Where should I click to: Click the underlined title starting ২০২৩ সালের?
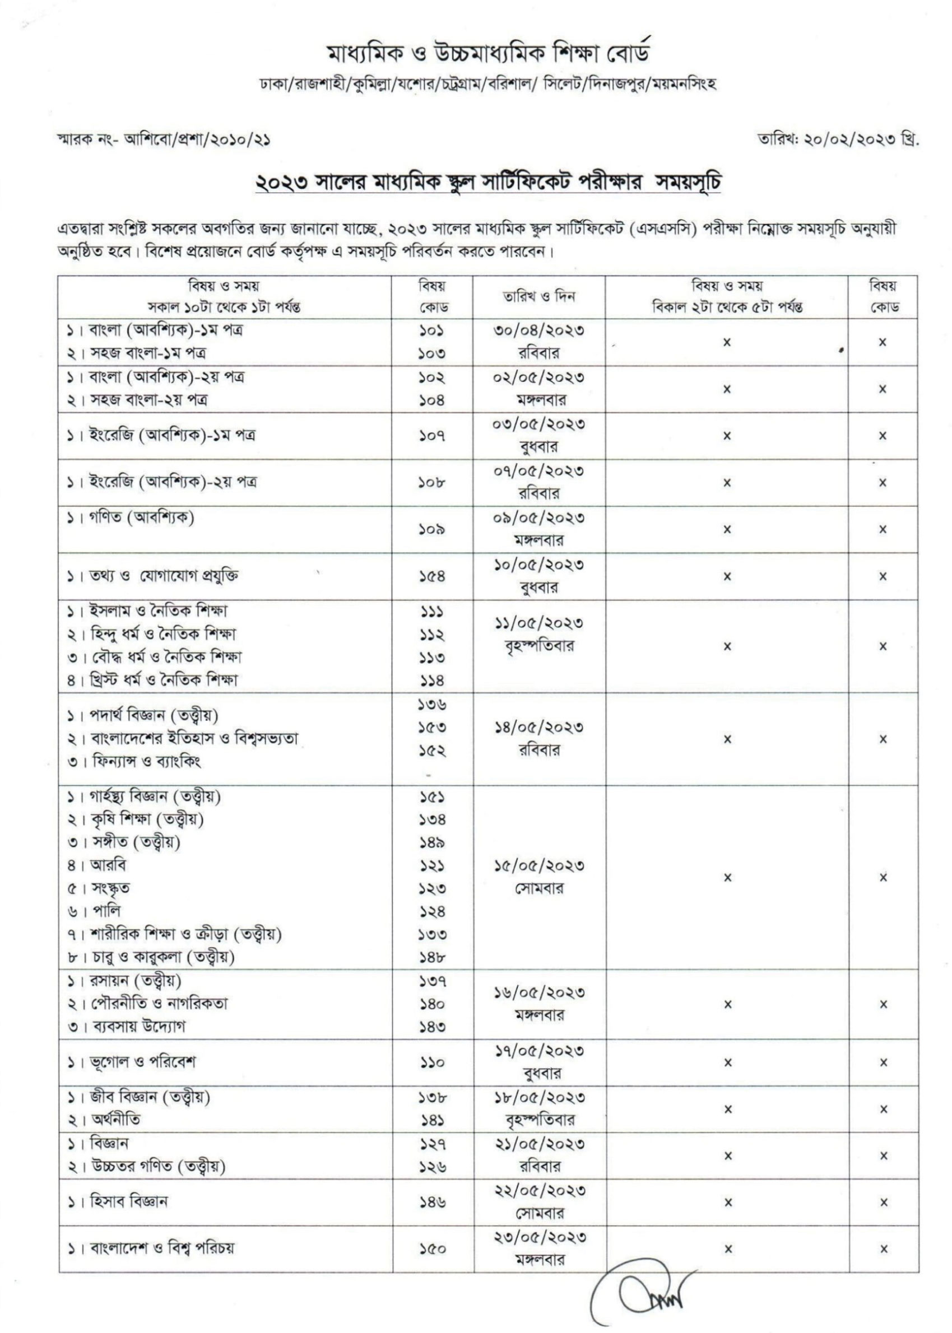point(488,183)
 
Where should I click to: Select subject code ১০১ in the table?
point(432,330)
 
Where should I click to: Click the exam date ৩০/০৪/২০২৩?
point(538,330)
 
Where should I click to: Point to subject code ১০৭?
point(432,436)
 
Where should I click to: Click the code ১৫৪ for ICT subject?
point(432,576)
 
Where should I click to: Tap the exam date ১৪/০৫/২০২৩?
point(538,728)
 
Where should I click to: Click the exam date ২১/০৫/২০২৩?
point(538,1144)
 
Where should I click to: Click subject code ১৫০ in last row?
point(432,1248)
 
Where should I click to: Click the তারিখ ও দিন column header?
point(538,296)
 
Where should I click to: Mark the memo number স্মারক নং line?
point(164,141)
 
